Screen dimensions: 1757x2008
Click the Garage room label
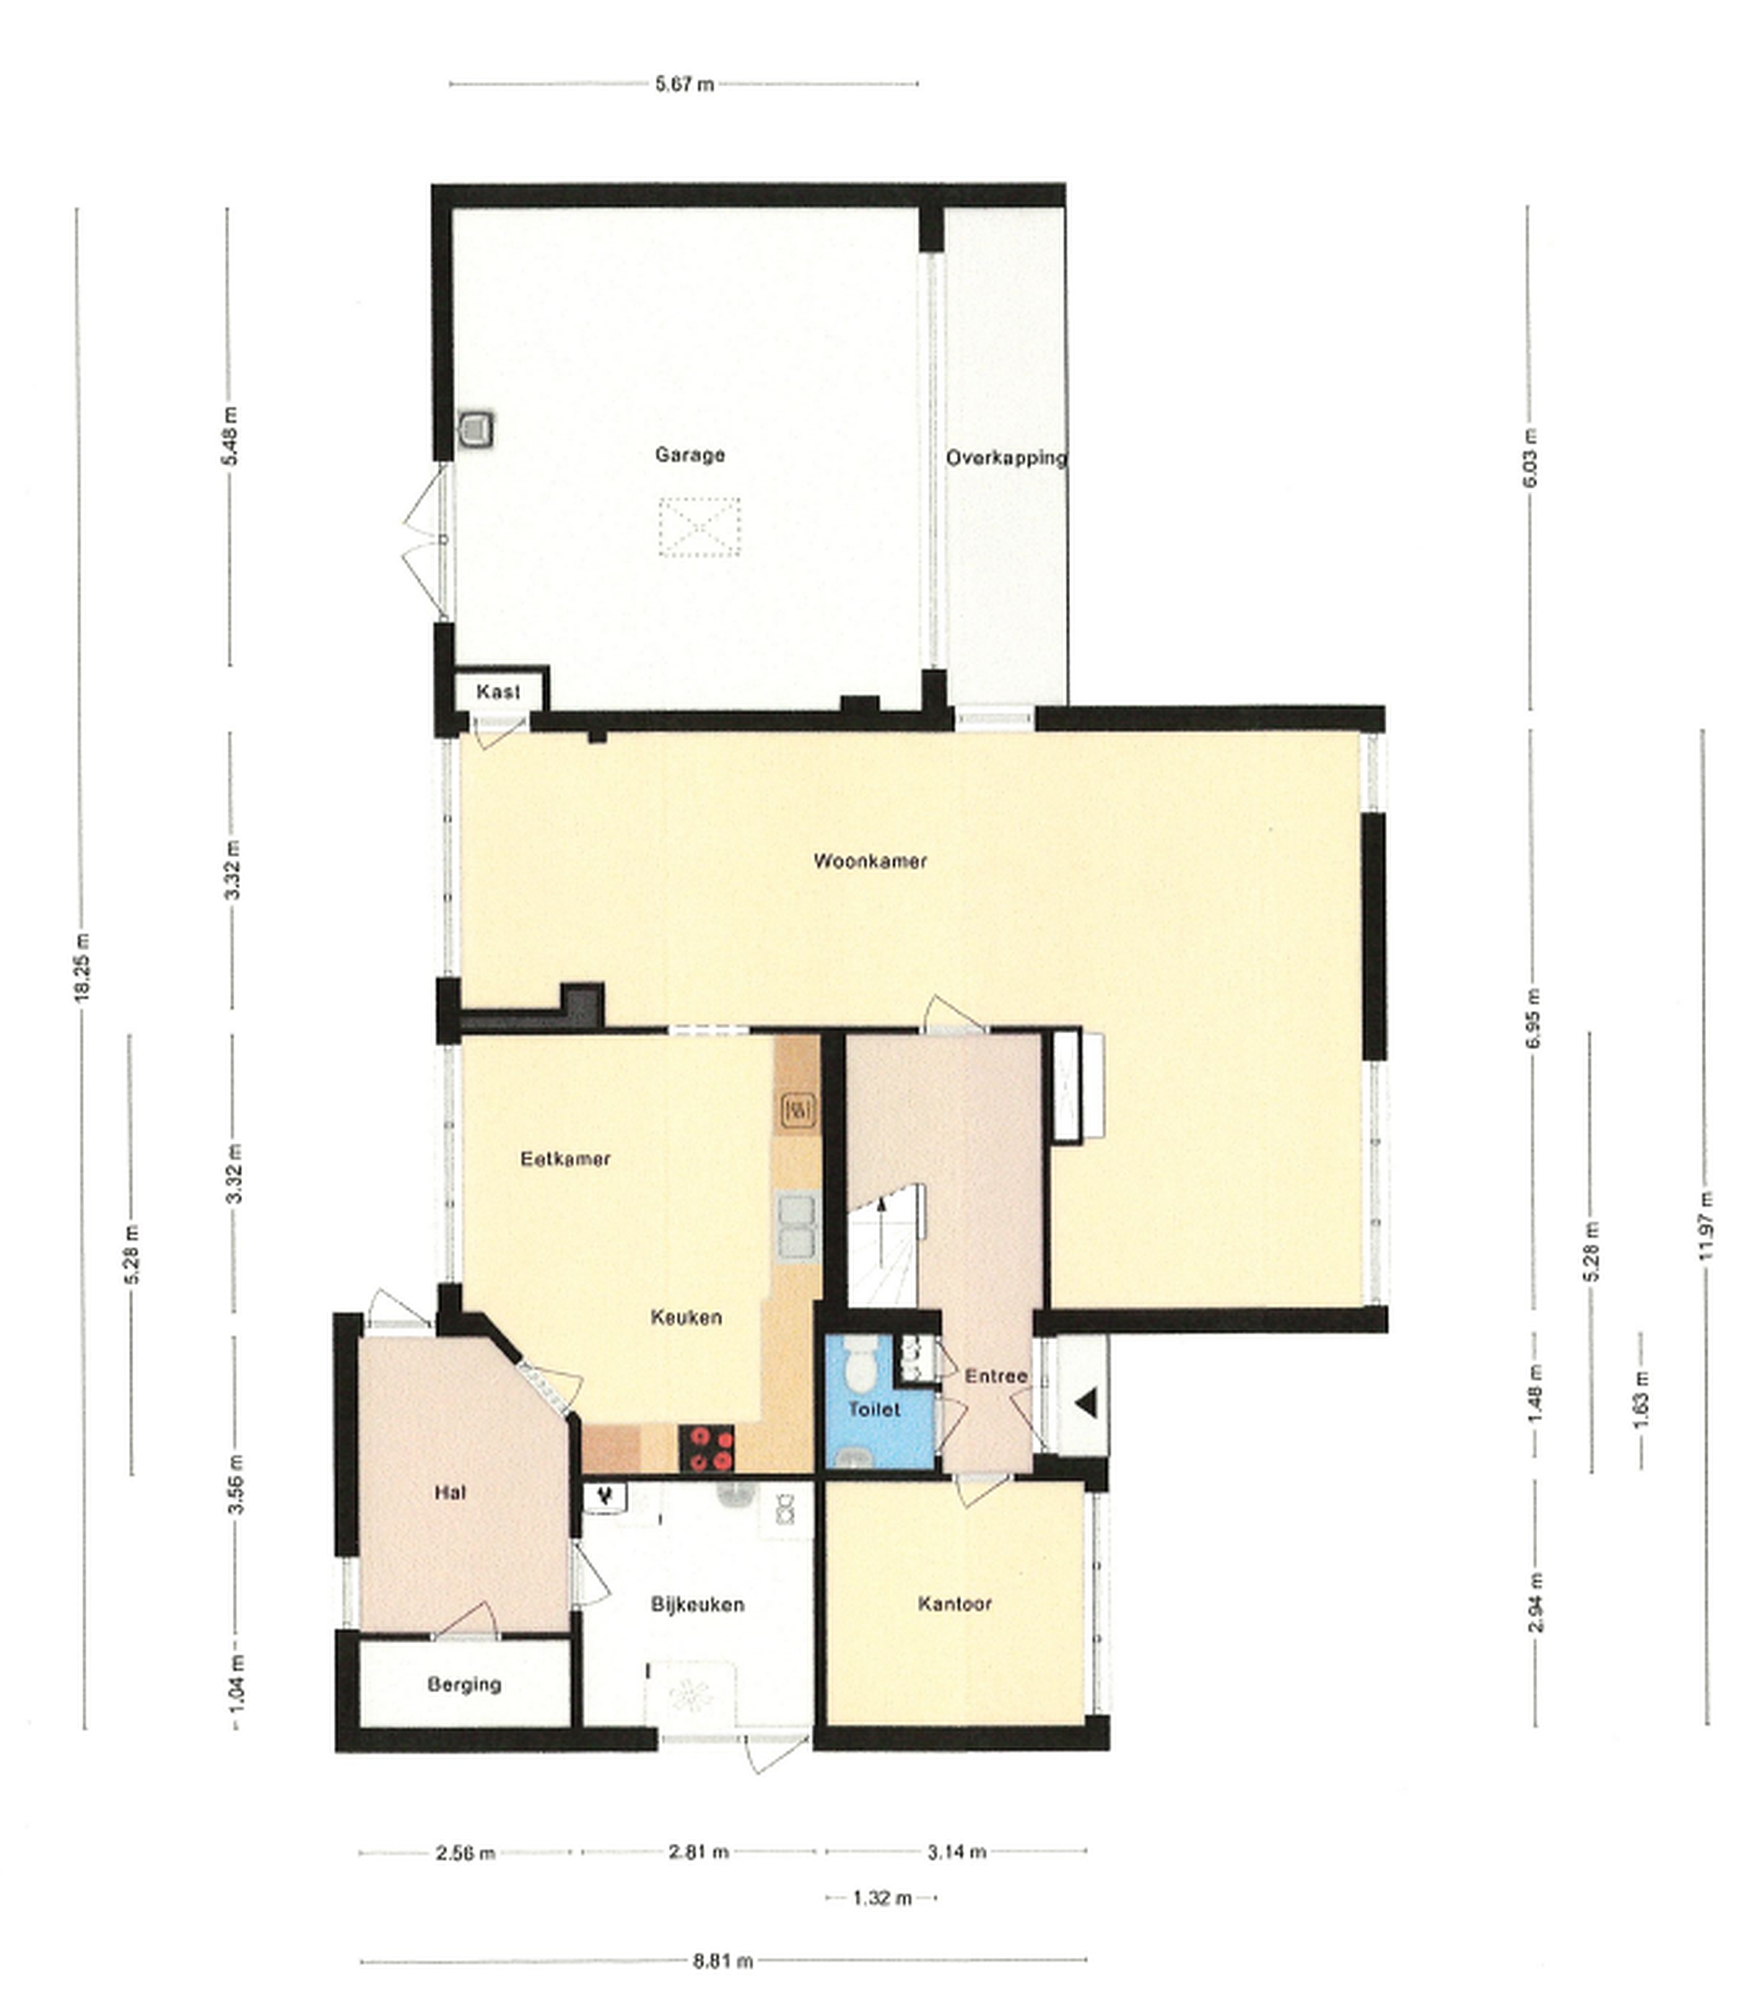click(691, 455)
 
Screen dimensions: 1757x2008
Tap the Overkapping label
click(1007, 457)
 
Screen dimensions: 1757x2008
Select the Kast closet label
click(498, 692)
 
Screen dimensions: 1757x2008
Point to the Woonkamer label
click(870, 861)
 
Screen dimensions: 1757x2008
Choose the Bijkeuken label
click(697, 1604)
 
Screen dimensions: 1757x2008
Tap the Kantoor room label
click(955, 1604)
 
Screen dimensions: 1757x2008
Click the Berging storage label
click(465, 1684)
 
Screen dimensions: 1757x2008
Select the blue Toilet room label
click(873, 1409)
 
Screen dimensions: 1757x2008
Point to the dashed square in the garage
click(699, 527)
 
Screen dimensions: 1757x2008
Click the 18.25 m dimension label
click(83, 965)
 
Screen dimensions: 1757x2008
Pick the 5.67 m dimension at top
click(684, 84)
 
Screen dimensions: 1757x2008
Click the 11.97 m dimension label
click(1707, 1225)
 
